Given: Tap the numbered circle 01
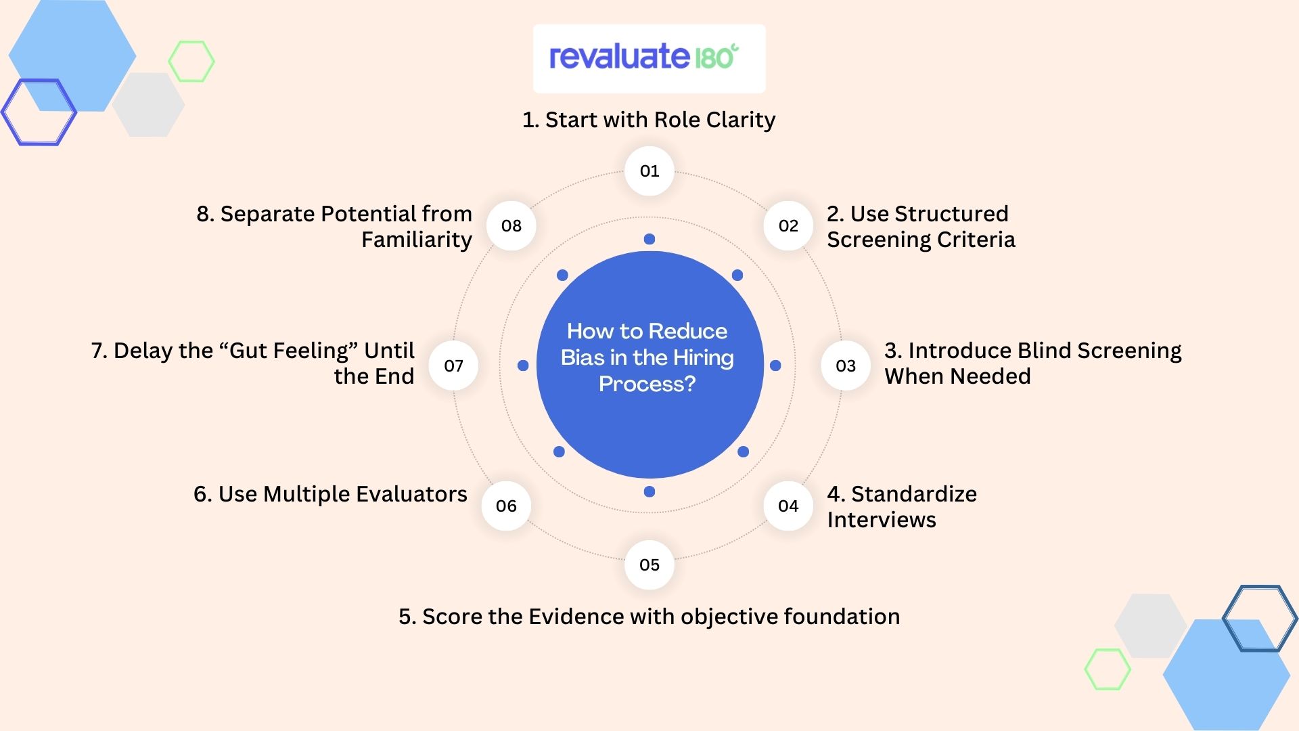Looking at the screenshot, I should tap(649, 171).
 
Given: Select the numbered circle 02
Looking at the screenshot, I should tap(788, 226).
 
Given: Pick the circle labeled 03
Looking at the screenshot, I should tap(846, 366).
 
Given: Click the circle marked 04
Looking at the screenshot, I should tap(788, 506).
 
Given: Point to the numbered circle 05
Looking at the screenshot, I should tap(649, 565).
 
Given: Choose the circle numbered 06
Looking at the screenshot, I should tap(506, 506).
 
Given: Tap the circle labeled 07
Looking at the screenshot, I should tap(454, 366).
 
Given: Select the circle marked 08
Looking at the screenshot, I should tap(511, 226).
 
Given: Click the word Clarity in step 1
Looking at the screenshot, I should tap(741, 120).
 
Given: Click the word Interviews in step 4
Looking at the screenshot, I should tap(882, 520).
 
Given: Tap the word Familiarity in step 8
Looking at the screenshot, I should tap(417, 240).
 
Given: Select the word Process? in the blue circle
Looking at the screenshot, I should tap(647, 384).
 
